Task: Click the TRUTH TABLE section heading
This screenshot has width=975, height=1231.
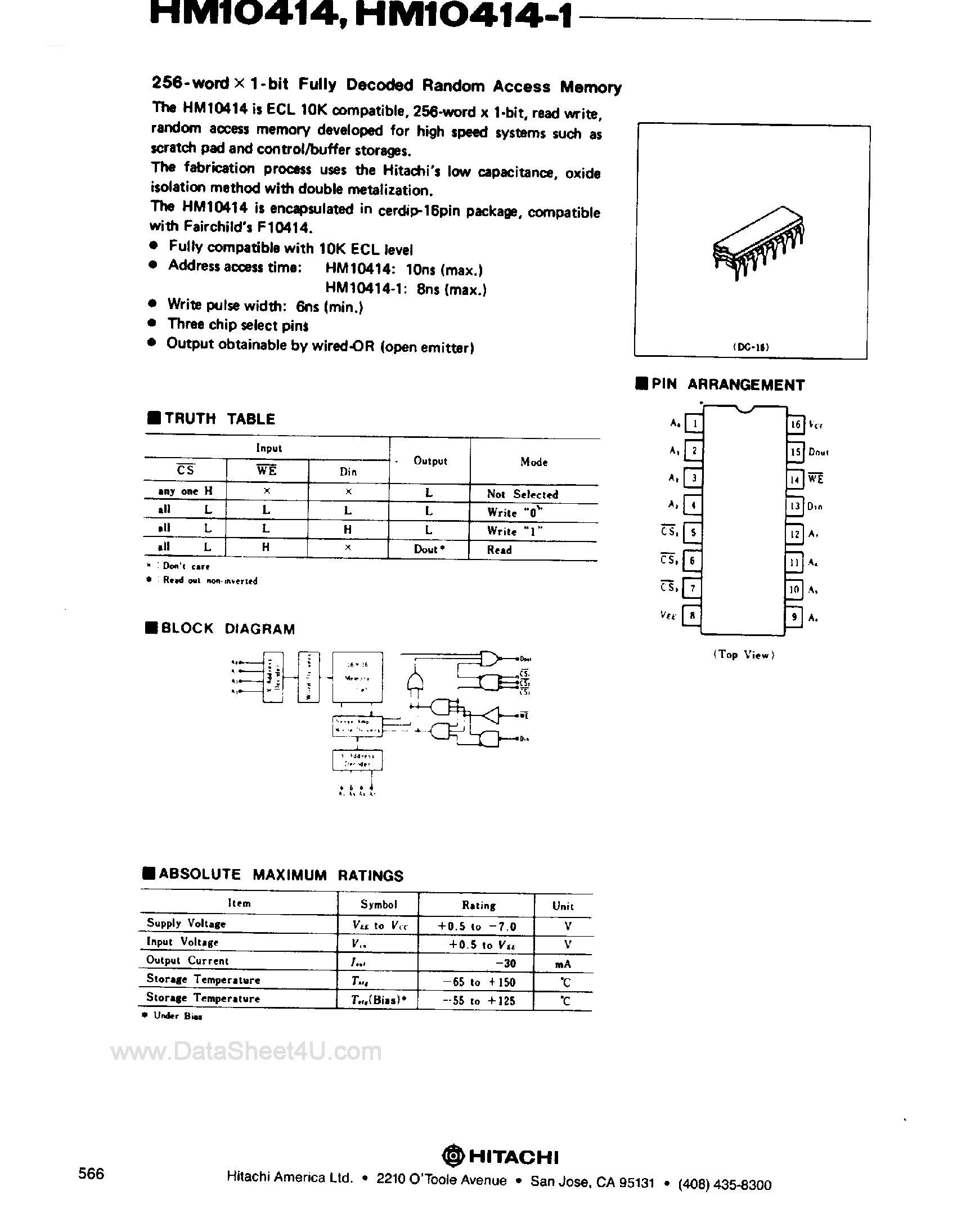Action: [219, 419]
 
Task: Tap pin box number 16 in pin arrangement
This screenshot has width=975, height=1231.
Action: [796, 424]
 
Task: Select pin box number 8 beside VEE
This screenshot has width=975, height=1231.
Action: [692, 616]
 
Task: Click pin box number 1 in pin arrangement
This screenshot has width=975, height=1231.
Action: [694, 424]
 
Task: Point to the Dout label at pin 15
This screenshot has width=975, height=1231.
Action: [818, 452]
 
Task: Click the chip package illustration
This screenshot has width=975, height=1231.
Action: [758, 242]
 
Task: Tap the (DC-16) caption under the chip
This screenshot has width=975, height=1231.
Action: [751, 347]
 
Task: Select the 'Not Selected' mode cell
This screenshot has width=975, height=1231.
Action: [522, 494]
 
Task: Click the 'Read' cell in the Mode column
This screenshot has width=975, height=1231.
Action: [499, 549]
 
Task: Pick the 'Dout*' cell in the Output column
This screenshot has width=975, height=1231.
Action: [429, 549]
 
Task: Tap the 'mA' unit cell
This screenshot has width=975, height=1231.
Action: [563, 964]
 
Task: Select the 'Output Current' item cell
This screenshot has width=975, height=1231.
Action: [187, 960]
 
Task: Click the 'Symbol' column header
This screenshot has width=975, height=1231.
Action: [379, 905]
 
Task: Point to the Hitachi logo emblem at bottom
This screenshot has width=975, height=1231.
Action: [454, 1157]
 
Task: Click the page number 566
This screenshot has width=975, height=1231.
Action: [91, 1174]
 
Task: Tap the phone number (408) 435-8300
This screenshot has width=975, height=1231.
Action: [725, 1184]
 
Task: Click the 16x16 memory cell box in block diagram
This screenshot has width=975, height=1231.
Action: [357, 677]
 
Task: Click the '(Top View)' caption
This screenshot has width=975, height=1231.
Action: [743, 655]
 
